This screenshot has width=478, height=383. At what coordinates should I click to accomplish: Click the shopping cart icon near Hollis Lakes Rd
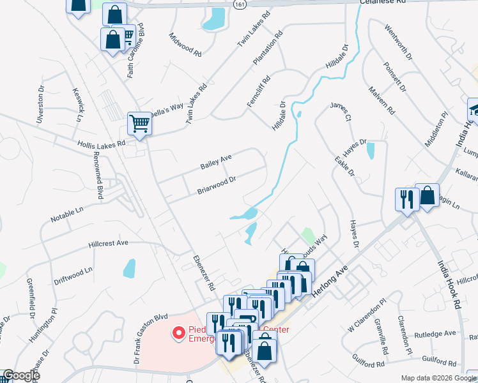pyautogui.click(x=139, y=123)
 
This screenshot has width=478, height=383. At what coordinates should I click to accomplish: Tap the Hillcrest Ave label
pyautogui.click(x=108, y=243)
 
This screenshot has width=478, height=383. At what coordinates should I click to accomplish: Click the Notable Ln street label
pyautogui.click(x=67, y=214)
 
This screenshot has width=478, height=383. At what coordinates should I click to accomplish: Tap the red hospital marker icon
pyautogui.click(x=179, y=333)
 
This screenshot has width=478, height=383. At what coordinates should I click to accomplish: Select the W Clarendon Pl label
pyautogui.click(x=367, y=316)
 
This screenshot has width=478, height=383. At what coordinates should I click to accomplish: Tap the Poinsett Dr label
pyautogui.click(x=394, y=77)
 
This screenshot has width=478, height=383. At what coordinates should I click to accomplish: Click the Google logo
pyautogui.click(x=20, y=375)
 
